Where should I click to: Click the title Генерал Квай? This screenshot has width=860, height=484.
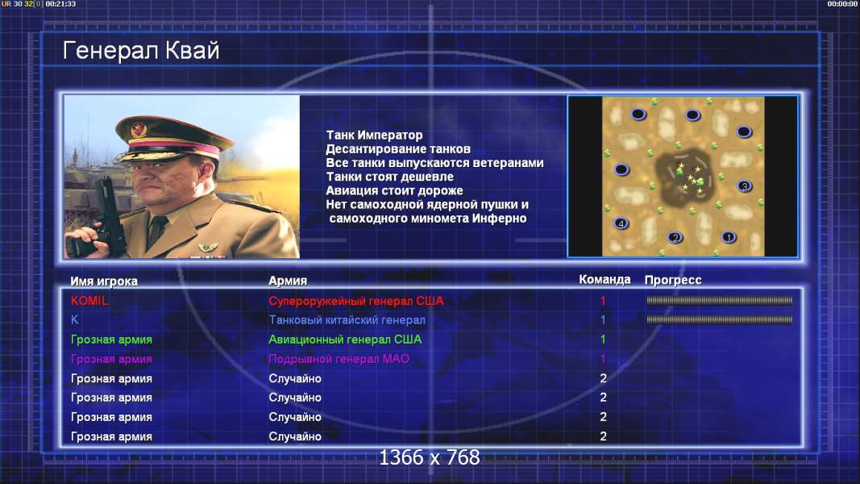(x=141, y=51)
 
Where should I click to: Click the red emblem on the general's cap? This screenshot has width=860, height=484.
(x=138, y=130)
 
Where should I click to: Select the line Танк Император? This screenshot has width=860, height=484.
(x=374, y=135)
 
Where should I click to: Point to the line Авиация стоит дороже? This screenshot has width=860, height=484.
(x=394, y=190)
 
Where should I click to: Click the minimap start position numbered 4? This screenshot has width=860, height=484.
(x=621, y=223)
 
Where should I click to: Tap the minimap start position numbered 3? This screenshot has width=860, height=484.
(x=744, y=186)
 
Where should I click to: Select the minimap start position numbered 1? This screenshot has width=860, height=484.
(x=729, y=237)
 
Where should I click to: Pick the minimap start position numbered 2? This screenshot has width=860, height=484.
(x=675, y=238)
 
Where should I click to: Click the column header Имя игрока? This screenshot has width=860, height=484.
(x=104, y=281)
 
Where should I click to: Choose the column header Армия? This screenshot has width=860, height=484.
(x=288, y=281)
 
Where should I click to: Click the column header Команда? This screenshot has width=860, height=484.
(x=604, y=279)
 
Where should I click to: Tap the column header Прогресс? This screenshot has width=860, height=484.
(x=673, y=280)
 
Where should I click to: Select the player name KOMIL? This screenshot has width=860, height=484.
(x=89, y=301)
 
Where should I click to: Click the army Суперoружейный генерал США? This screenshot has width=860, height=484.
(x=356, y=301)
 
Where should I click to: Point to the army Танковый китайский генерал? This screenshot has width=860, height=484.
(x=347, y=320)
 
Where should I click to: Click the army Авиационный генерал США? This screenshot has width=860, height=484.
(x=345, y=339)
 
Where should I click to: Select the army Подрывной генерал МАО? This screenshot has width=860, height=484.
(x=339, y=359)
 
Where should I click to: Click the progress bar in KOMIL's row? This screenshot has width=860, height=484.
(x=719, y=300)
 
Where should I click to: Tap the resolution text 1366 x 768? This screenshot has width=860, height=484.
(x=430, y=457)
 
